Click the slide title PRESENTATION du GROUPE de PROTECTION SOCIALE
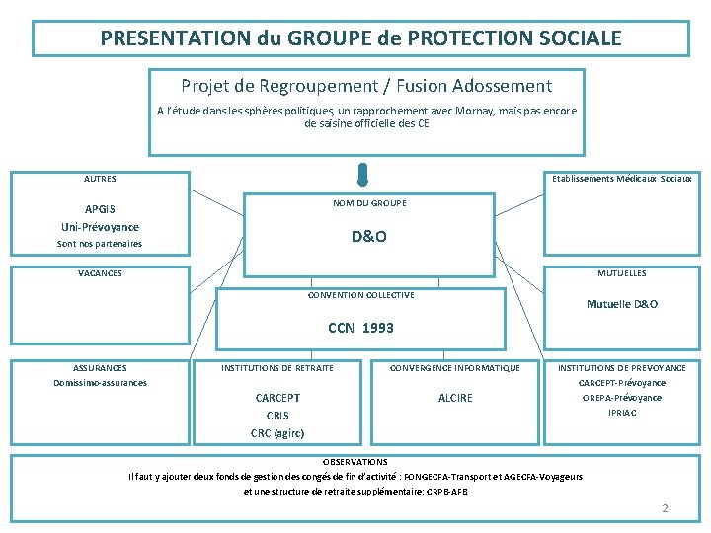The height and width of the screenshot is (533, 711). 360,38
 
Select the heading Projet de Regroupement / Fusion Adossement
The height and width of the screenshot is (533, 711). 366,87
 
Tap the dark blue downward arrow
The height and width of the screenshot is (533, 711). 363,175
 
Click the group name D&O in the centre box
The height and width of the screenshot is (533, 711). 369,237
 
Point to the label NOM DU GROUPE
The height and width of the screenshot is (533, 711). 369,203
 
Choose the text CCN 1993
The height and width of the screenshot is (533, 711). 360,328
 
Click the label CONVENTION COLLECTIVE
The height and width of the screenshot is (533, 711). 360,295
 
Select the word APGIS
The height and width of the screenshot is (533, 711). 100,209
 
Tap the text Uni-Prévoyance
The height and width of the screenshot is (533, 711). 100,226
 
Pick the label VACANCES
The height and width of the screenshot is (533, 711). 100,273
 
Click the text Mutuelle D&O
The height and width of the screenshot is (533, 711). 622,304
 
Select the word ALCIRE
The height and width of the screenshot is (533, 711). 455,398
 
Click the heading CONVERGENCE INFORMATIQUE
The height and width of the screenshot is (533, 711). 455,368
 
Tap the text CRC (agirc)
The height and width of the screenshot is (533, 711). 277,433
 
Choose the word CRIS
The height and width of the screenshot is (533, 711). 277,416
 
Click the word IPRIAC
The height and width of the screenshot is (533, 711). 622,413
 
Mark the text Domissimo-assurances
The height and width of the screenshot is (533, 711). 100,383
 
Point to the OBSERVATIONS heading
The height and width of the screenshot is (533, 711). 355,461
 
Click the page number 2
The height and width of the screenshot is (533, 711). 666,508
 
